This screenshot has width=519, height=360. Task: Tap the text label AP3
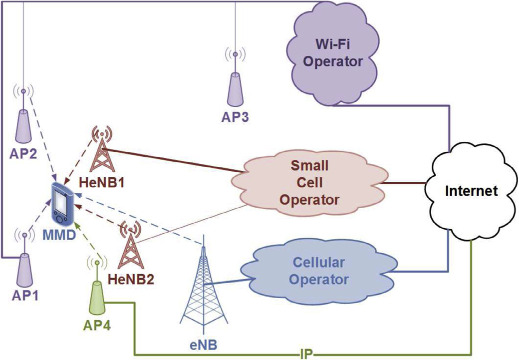click(x=234, y=118)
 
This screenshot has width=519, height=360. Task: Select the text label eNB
click(x=203, y=345)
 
